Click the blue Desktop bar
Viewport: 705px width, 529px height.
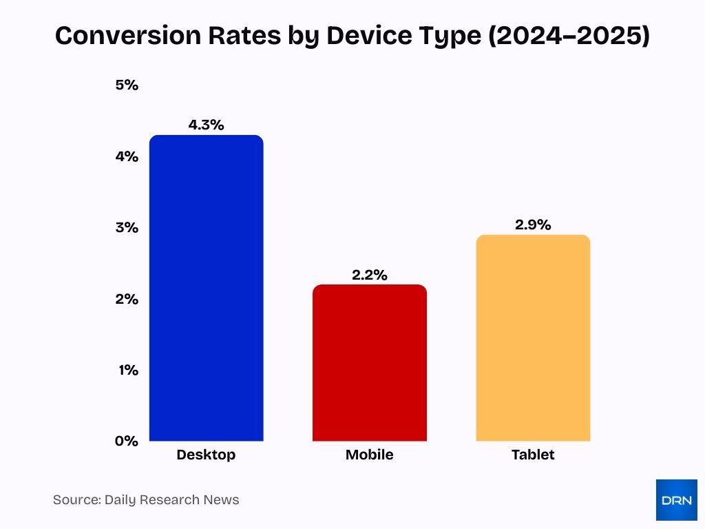[x=206, y=288]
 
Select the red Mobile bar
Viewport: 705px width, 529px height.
[x=369, y=363]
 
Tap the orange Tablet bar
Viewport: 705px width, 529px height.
[x=533, y=338]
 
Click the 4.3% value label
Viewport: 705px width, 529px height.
[x=206, y=125]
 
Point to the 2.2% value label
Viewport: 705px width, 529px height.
[x=369, y=275]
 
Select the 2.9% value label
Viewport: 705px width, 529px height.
[x=533, y=225]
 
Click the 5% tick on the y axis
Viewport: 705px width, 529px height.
[x=127, y=85]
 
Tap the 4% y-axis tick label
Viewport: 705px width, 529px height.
[x=127, y=156]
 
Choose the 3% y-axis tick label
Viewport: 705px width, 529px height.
[x=127, y=228]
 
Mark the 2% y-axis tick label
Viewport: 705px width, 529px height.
[x=127, y=299]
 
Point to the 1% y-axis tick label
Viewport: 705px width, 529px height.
[x=127, y=370]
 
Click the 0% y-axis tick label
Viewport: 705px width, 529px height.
[x=127, y=441]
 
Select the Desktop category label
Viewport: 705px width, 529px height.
[x=206, y=455]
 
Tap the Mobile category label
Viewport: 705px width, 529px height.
[x=369, y=455]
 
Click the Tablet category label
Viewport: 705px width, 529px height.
[x=533, y=455]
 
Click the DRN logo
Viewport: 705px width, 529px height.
[x=676, y=500]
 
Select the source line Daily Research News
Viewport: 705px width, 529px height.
[x=146, y=500]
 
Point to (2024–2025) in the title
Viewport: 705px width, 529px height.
[x=568, y=36]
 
